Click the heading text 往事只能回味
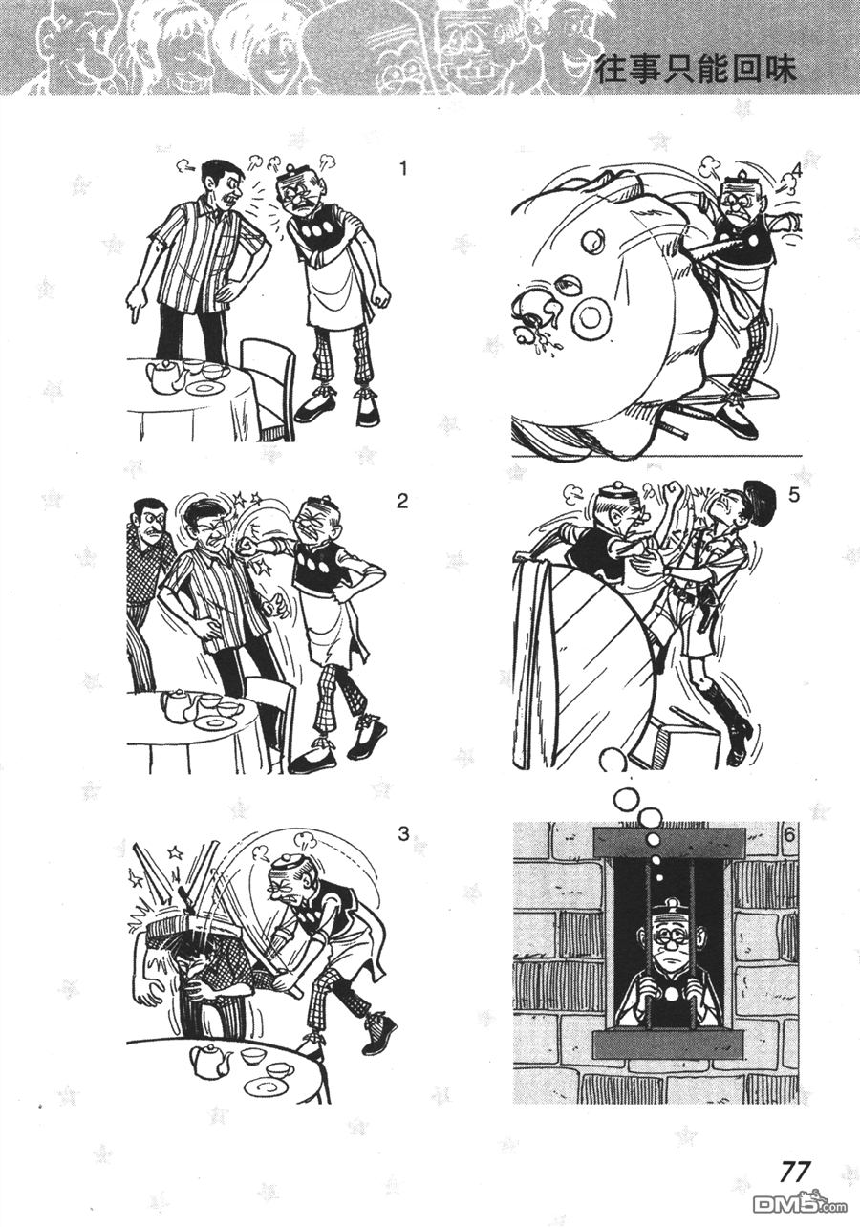[696, 69]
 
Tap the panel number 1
[403, 169]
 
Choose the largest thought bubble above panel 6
[627, 801]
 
